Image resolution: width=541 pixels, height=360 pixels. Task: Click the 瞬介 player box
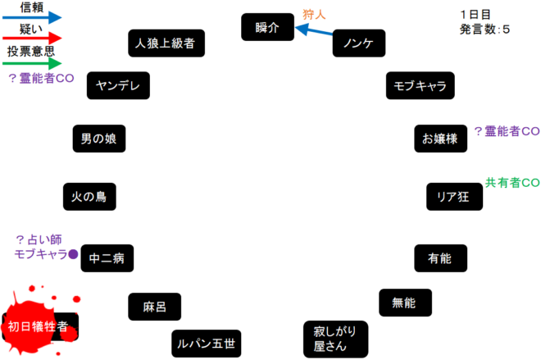pyautogui.click(x=267, y=27)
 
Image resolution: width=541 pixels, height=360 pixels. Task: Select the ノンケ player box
pyautogui.click(x=358, y=43)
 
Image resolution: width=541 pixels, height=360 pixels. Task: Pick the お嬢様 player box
pyautogui.click(x=440, y=139)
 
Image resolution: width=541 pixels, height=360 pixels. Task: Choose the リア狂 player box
pyautogui.click(x=452, y=197)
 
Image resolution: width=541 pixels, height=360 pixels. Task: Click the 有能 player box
pyautogui.click(x=439, y=258)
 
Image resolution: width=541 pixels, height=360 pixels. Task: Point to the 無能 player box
pyautogui.click(x=404, y=303)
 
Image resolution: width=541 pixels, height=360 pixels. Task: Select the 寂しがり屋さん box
pyautogui.click(x=335, y=339)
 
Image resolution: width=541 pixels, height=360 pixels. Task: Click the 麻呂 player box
pyautogui.click(x=154, y=307)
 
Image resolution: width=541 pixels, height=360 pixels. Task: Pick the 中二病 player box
pyautogui.click(x=107, y=258)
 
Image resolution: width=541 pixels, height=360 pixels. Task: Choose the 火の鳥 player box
pyautogui.click(x=89, y=197)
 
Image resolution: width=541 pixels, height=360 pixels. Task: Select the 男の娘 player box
pyautogui.click(x=98, y=139)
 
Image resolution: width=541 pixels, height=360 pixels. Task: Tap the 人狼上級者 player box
pyautogui.click(x=166, y=43)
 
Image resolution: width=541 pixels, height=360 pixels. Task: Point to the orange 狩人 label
pyautogui.click(x=314, y=14)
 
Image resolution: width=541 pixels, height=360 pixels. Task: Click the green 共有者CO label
pyautogui.click(x=512, y=182)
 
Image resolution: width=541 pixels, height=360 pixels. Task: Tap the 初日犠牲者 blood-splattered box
pyautogui.click(x=39, y=326)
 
